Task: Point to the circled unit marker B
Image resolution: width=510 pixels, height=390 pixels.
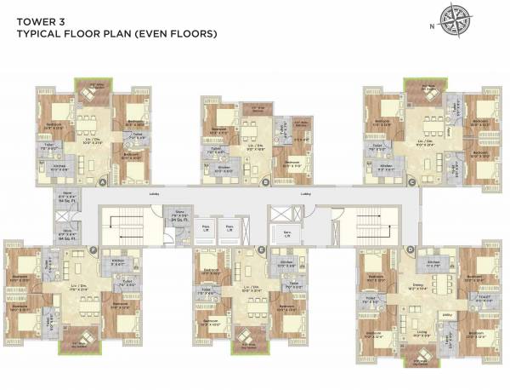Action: pyautogui.click(x=265, y=181)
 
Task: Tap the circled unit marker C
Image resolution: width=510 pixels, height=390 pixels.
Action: pyautogui.click(x=411, y=181)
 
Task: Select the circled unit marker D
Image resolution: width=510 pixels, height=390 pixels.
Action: pyautogui.click(x=411, y=249)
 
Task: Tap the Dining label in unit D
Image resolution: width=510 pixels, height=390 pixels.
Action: pyautogui.click(x=417, y=285)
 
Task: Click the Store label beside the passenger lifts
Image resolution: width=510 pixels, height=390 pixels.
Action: pyautogui.click(x=179, y=210)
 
